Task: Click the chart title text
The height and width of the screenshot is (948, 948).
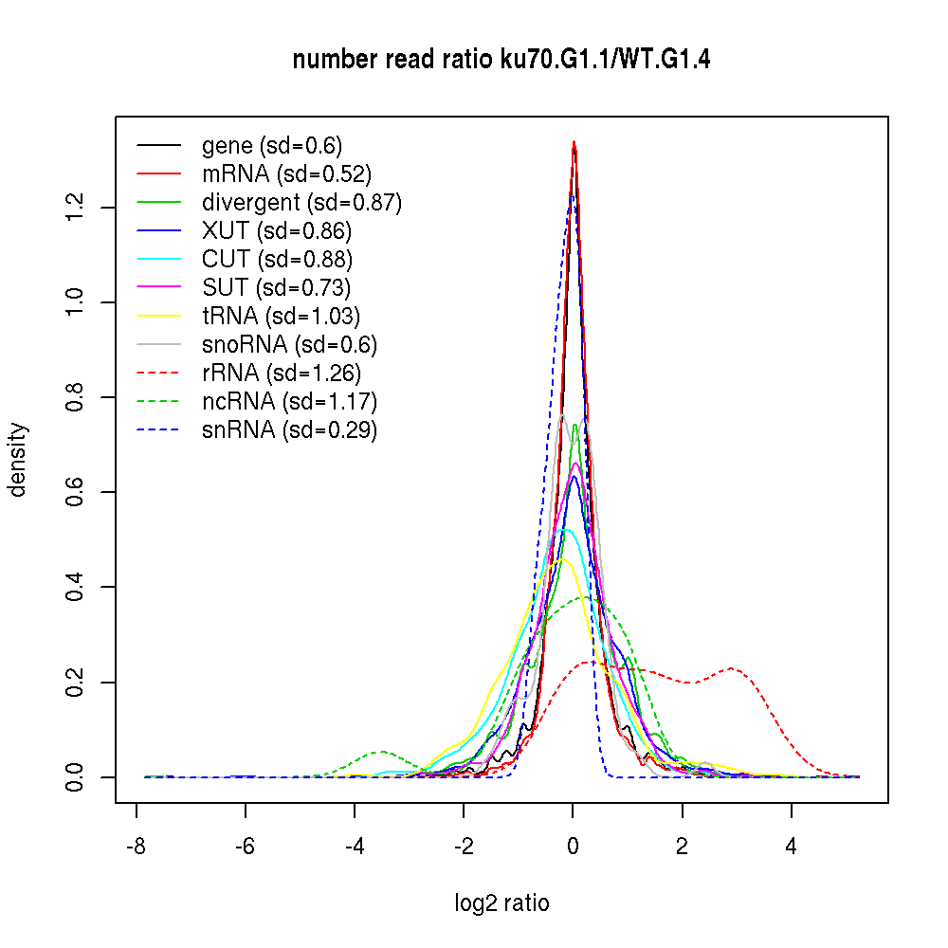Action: pos(501,60)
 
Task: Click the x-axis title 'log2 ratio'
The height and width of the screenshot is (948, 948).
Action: pos(501,902)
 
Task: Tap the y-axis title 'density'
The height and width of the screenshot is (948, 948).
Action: pos(18,459)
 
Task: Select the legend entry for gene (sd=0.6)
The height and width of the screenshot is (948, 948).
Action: pos(271,146)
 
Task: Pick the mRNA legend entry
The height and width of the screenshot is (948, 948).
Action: pos(286,174)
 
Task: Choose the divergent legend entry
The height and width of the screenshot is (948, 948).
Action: pos(301,203)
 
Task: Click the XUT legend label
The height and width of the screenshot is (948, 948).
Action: pos(276,231)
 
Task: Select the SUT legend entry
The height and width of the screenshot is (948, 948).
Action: pos(276,288)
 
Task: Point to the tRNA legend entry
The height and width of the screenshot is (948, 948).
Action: pos(281,317)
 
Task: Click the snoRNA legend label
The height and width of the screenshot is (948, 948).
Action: pos(289,345)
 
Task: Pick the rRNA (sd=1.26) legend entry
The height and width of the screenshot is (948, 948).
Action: pos(282,374)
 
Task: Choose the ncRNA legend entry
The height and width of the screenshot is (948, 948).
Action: pos(289,402)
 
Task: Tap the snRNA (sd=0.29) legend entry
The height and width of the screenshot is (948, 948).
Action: pos(289,430)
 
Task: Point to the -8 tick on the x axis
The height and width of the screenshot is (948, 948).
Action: pos(136,847)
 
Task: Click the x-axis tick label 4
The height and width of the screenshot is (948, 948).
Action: pos(791,847)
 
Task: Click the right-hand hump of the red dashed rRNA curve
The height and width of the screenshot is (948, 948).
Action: pos(732,668)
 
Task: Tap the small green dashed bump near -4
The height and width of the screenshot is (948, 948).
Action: pos(379,752)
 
